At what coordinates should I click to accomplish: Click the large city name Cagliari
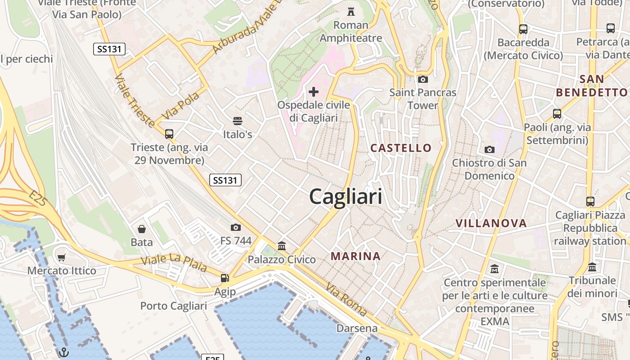346,197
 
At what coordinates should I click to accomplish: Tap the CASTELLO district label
400,148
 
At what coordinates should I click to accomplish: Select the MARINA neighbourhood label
355,256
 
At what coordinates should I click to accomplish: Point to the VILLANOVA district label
491,223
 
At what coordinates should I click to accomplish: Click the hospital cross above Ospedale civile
314,92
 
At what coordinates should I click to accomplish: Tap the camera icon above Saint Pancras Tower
423,80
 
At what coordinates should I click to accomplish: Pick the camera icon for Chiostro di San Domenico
489,149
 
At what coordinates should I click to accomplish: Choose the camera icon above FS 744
235,228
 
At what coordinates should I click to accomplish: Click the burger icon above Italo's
238,121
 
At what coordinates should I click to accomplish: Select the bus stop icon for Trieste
169,134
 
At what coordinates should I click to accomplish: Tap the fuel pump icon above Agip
225,279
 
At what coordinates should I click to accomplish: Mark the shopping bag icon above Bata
142,229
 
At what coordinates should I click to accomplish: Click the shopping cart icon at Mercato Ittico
62,257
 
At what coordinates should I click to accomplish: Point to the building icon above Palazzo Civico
282,246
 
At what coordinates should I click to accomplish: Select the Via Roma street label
346,299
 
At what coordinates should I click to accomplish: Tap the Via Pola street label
180,106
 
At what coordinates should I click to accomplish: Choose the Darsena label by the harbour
357,328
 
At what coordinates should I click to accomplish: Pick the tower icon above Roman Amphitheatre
351,12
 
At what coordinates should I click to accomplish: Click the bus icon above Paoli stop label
557,113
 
